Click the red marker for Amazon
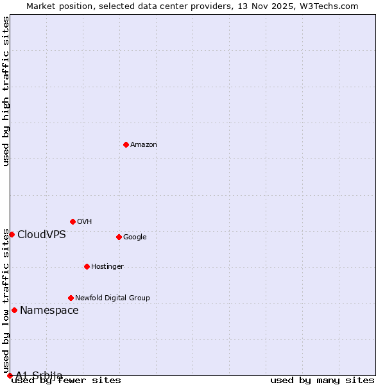(126, 144)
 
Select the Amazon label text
(143, 145)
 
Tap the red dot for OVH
(73, 221)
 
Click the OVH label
(84, 222)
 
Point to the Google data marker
(119, 237)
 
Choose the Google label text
(135, 237)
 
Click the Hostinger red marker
(87, 266)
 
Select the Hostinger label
(107, 267)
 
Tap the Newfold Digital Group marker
(71, 298)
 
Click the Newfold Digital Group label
(112, 298)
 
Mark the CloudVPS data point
(12, 234)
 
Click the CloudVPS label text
(42, 235)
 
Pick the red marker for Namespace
(14, 310)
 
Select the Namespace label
(49, 311)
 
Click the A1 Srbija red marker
(10, 375)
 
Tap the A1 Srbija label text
(39, 375)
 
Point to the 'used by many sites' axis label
(322, 381)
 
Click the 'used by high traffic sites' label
(6, 91)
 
